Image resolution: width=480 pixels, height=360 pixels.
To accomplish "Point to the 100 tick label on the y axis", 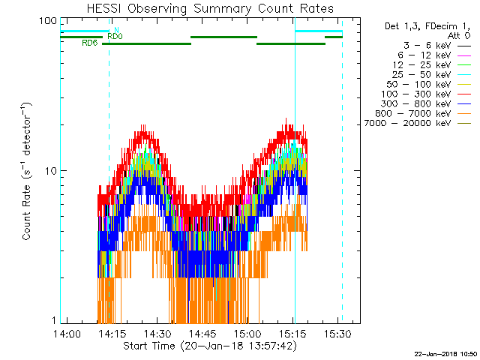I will tap(48, 21).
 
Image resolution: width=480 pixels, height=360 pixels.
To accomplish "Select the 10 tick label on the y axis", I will tap(51, 171).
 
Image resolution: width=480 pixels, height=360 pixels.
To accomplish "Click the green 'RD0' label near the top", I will tap(115, 36).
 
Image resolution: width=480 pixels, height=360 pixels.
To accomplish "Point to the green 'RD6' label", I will tap(89, 43).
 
